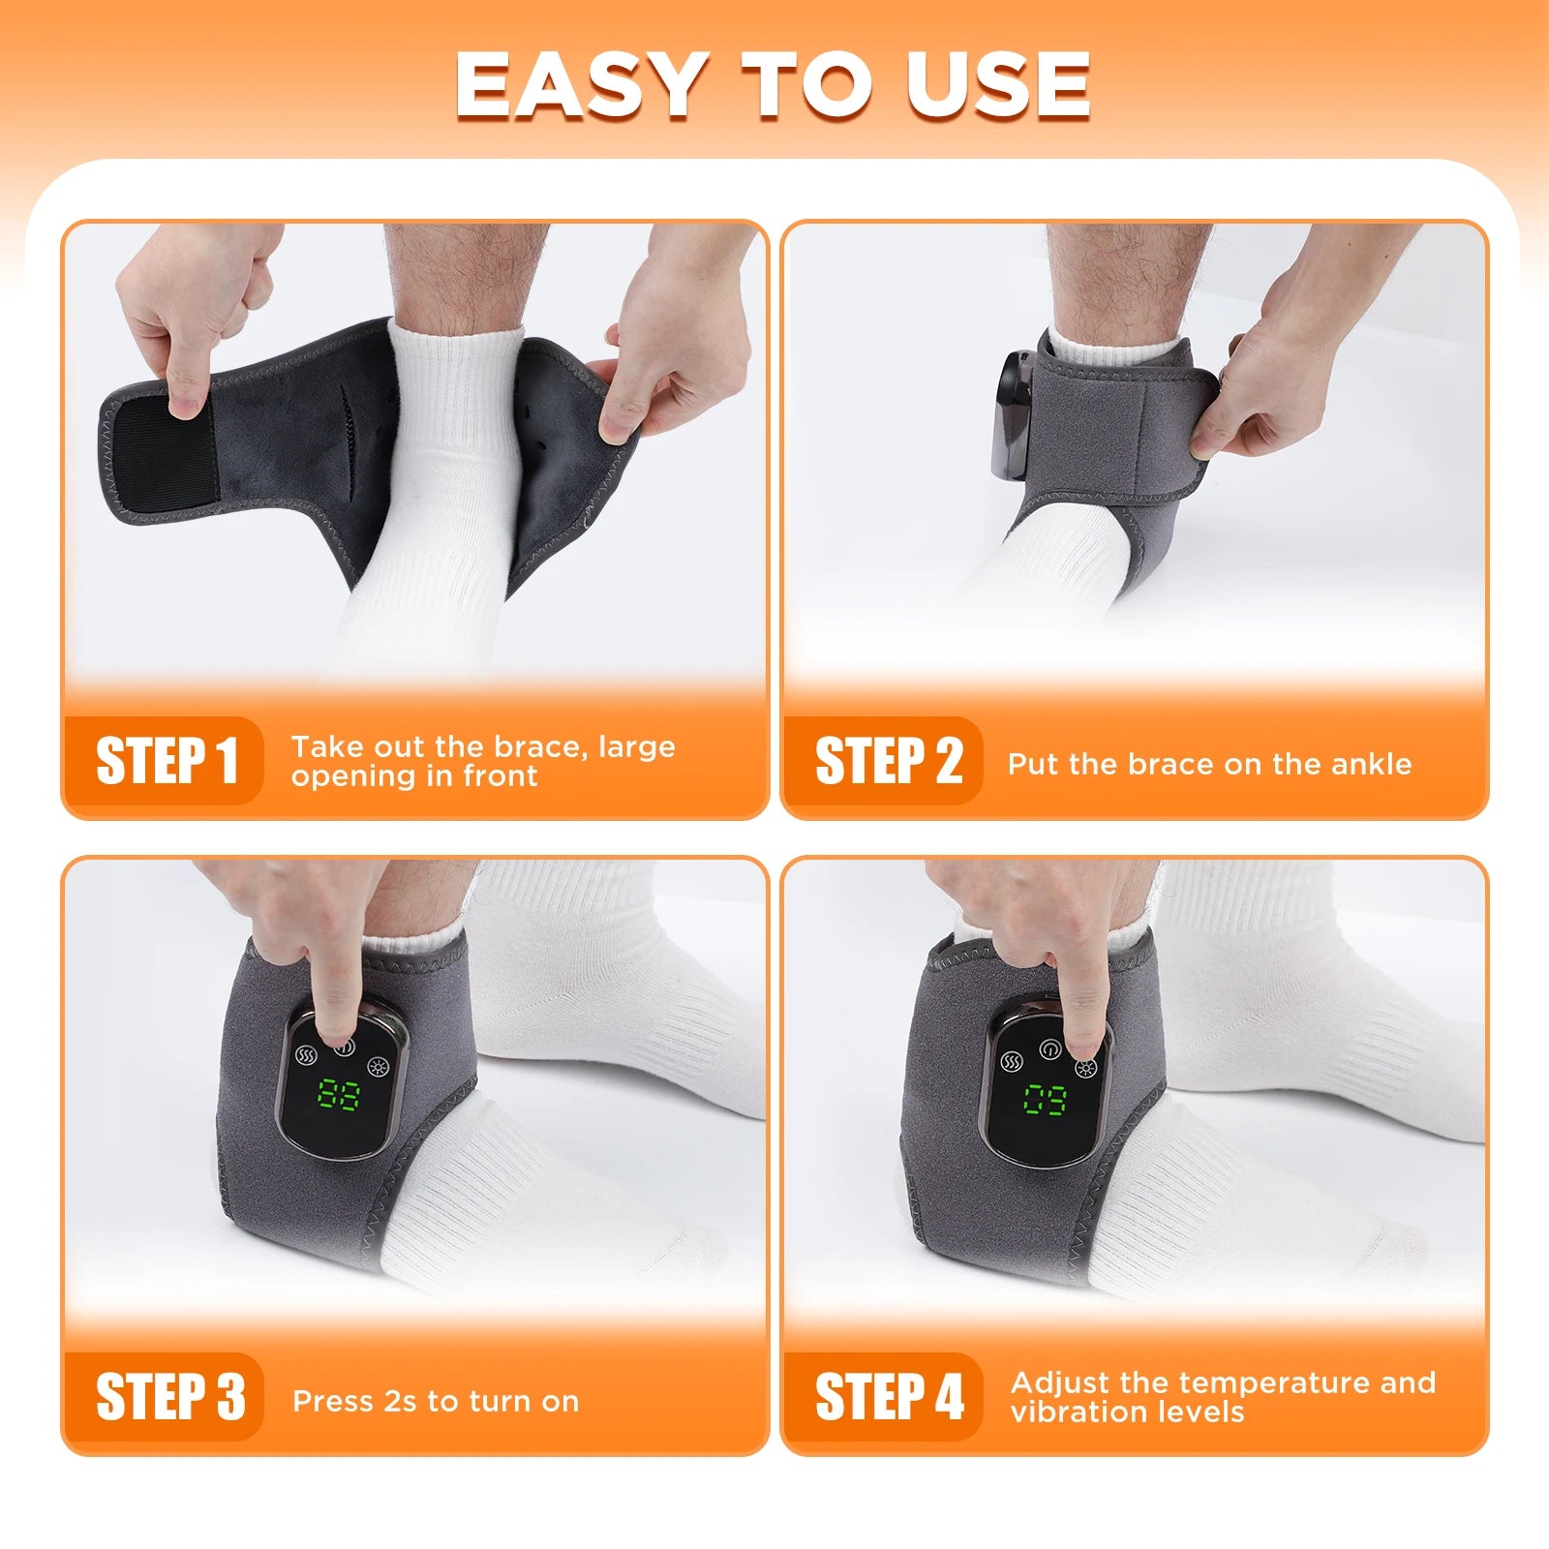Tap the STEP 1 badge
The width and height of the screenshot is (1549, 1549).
(x=165, y=761)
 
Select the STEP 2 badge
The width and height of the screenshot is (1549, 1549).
(x=887, y=761)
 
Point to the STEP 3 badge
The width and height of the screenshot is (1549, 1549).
(x=168, y=1397)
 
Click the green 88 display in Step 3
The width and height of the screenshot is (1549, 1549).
(x=339, y=1095)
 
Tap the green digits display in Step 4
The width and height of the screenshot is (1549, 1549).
(x=1046, y=1100)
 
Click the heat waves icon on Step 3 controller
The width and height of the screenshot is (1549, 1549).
(x=306, y=1055)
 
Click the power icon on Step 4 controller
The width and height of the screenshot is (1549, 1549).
(x=1049, y=1049)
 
